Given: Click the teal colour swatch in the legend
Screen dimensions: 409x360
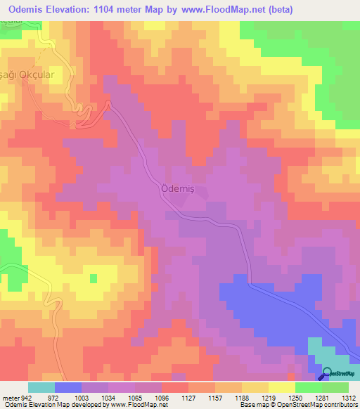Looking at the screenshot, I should (x=41, y=387).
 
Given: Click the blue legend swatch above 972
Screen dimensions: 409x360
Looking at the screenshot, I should (x=68, y=387).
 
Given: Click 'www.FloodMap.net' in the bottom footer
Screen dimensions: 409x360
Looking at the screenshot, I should (x=139, y=404).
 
